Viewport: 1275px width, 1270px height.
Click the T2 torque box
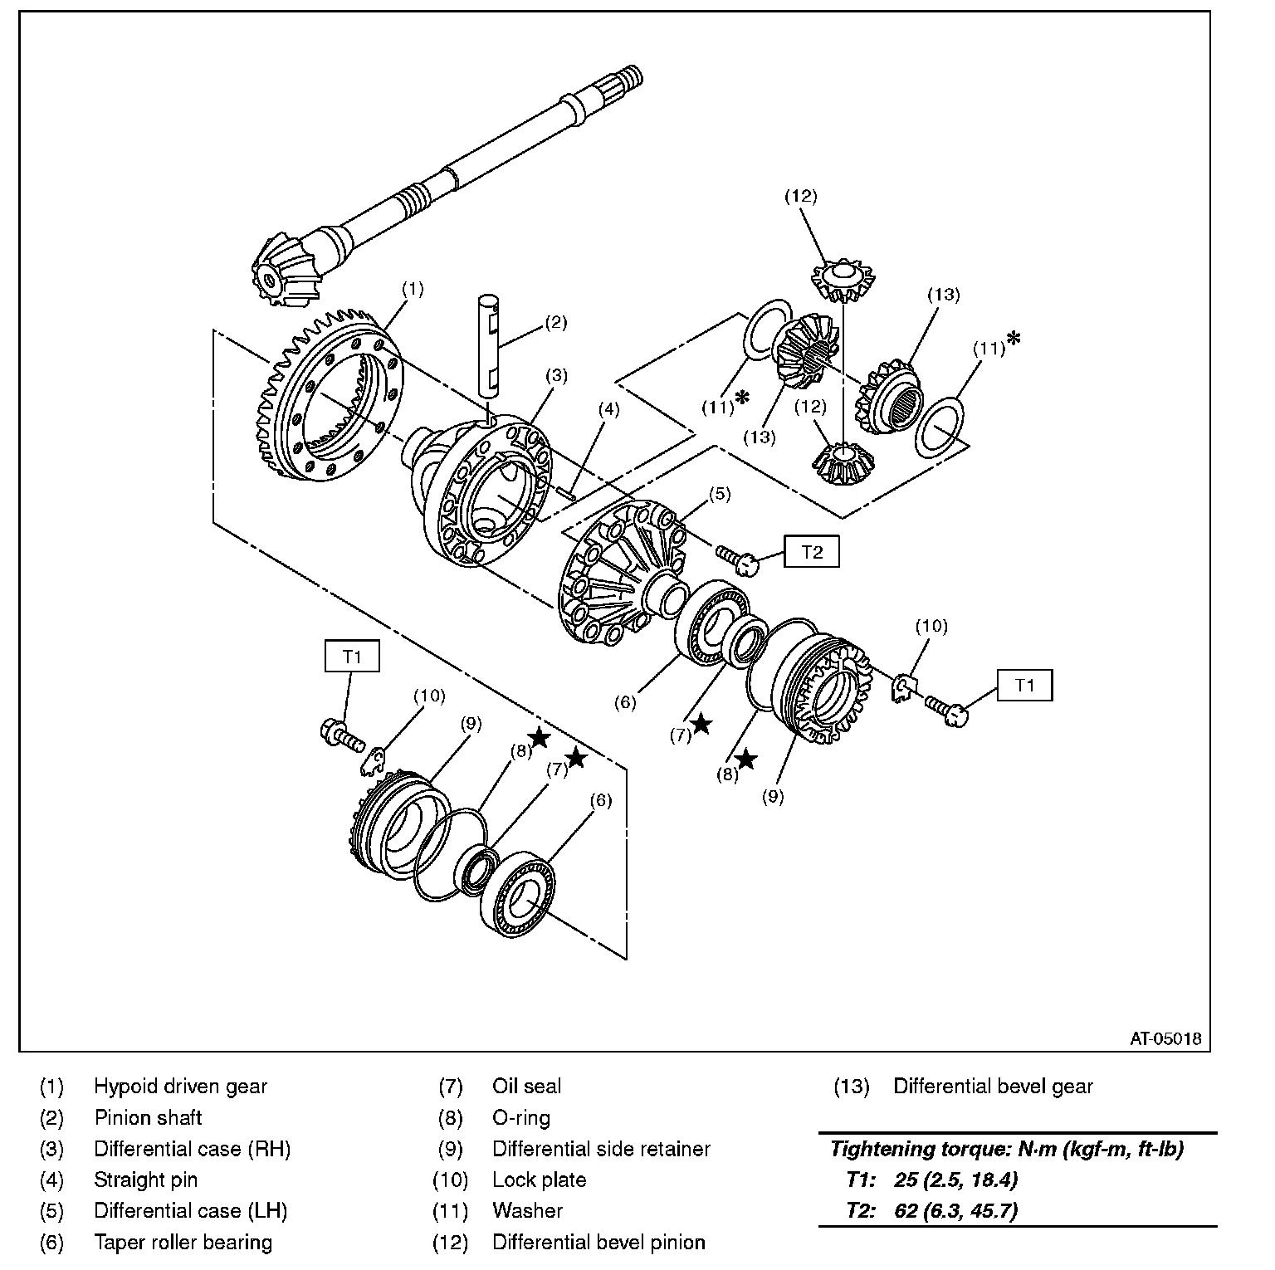[811, 552]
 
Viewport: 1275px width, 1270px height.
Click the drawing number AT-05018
[1165, 1038]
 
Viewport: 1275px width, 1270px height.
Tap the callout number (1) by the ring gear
[413, 290]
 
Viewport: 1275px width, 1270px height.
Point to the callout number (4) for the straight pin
[608, 409]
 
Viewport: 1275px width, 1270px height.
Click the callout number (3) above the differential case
[555, 375]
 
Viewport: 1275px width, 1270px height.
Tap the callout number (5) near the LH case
[719, 495]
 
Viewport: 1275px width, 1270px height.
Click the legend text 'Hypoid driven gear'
[180, 1087]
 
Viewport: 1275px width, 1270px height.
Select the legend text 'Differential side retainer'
[601, 1149]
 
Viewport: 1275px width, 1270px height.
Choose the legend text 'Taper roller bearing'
[183, 1243]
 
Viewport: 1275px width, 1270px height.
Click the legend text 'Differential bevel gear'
[993, 1087]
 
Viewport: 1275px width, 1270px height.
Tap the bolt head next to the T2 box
[747, 564]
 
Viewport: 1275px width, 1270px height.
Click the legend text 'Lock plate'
[539, 1180]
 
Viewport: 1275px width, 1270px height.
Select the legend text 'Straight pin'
[145, 1180]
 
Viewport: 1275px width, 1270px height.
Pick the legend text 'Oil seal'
[526, 1087]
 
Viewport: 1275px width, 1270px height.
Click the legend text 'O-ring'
[520, 1118]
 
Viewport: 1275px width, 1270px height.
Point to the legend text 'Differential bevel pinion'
[598, 1243]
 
